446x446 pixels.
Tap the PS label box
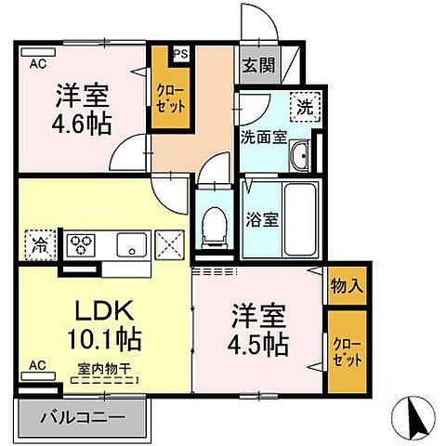[180, 53]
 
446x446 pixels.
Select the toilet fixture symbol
[213, 223]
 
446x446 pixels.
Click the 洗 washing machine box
[304, 106]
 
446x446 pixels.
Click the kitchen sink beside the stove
[129, 246]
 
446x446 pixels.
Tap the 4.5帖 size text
[258, 342]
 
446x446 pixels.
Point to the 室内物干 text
[103, 368]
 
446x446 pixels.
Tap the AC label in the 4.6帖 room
[38, 63]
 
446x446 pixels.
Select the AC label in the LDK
[38, 365]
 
